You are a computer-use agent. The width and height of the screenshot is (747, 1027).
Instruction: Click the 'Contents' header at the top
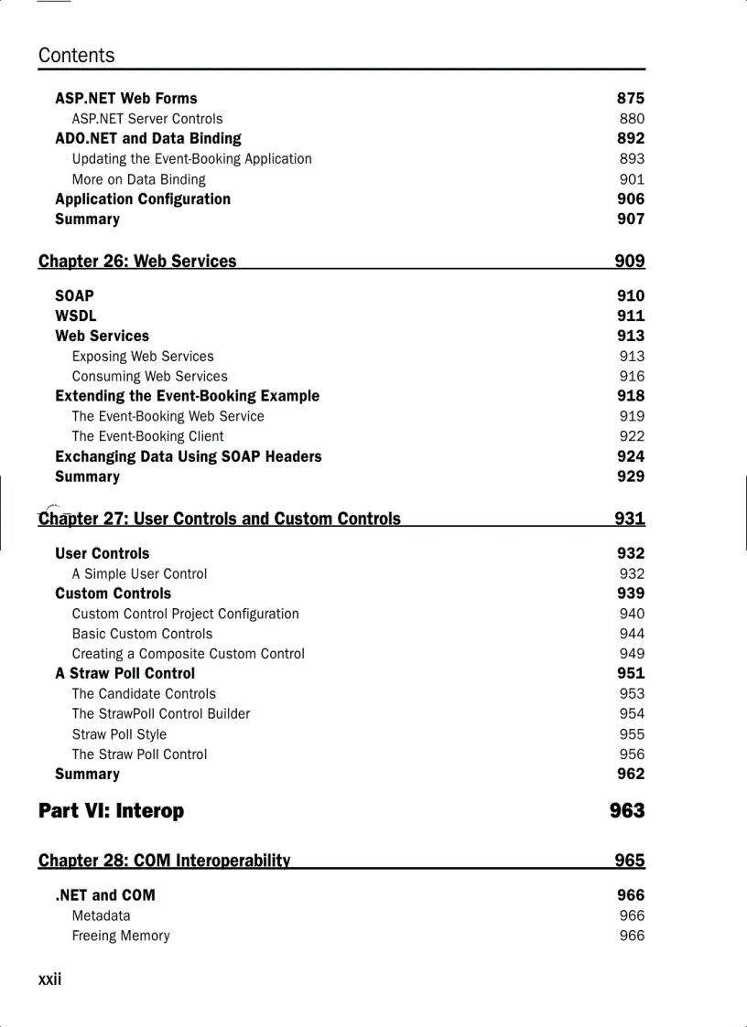click(x=77, y=56)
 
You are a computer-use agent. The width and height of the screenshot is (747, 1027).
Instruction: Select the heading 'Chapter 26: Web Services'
click(x=137, y=262)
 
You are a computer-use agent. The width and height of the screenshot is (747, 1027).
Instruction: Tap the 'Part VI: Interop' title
click(x=111, y=811)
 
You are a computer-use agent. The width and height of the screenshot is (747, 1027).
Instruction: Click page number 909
click(x=630, y=262)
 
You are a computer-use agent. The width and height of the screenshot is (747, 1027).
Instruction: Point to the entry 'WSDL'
click(x=75, y=316)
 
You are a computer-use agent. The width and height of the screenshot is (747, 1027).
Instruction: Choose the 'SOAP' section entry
click(x=74, y=296)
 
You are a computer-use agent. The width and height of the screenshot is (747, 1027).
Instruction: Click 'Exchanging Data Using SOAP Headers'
click(x=189, y=456)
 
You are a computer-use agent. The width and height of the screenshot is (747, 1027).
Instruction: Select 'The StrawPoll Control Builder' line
click(x=161, y=714)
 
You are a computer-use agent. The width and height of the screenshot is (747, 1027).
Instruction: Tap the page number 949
click(x=632, y=654)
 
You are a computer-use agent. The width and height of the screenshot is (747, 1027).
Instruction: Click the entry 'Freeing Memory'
click(x=121, y=936)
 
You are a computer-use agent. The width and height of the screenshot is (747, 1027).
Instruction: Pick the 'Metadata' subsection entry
click(x=102, y=915)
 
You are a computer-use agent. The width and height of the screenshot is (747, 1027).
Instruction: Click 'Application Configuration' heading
click(x=143, y=199)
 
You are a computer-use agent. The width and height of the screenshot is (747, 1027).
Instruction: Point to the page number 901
click(x=632, y=180)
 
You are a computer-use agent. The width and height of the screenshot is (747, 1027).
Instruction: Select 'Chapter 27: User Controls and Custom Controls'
click(x=220, y=519)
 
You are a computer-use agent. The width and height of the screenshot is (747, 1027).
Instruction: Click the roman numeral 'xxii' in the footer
click(x=50, y=979)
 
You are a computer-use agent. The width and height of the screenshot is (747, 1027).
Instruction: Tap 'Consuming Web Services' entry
click(x=150, y=377)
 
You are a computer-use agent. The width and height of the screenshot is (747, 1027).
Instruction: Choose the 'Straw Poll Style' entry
click(x=120, y=734)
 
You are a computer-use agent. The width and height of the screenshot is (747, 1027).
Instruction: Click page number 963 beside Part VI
click(x=627, y=811)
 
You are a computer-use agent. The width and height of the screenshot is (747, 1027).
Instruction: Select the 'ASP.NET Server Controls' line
click(x=147, y=119)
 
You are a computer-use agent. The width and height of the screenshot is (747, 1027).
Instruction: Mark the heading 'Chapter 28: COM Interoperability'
click(x=165, y=861)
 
